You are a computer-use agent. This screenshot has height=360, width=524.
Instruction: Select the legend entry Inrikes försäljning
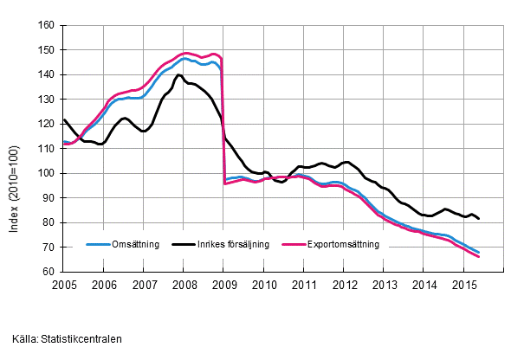tap(236, 244)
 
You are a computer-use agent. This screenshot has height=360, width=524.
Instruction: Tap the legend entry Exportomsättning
tap(344, 244)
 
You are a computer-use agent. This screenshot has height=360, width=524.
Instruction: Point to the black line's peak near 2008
tap(179, 75)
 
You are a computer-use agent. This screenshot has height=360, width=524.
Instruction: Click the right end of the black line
tap(480, 218)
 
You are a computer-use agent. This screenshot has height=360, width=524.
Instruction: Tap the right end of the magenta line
tap(480, 257)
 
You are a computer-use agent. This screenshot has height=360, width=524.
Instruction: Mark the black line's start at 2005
tap(64, 119)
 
